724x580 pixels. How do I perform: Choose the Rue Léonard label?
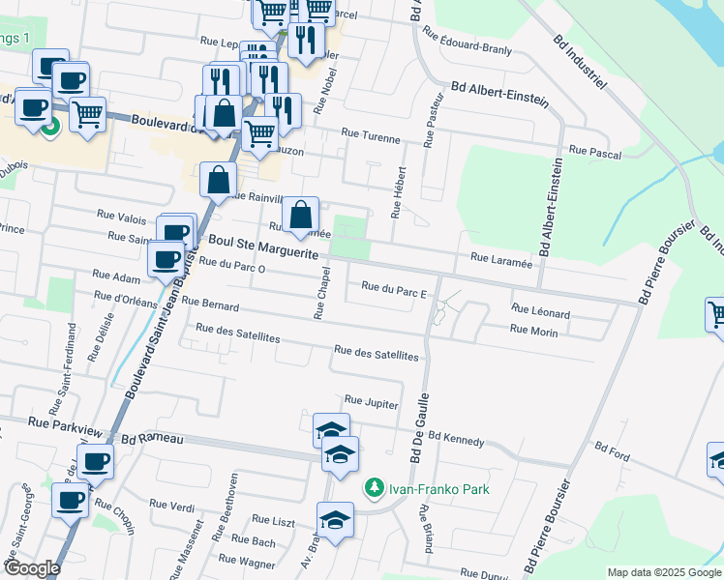click(x=540, y=313)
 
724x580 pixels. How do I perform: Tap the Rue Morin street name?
click(x=533, y=331)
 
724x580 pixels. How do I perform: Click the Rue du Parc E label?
click(x=393, y=286)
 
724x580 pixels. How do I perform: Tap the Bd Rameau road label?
click(x=153, y=439)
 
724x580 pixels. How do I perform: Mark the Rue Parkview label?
click(x=65, y=423)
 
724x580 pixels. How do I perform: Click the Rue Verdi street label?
click(x=171, y=505)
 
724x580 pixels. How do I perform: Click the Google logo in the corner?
click(x=32, y=568)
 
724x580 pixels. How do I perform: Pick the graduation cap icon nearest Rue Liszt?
click(x=336, y=520)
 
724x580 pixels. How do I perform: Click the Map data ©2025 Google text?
click(x=663, y=572)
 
